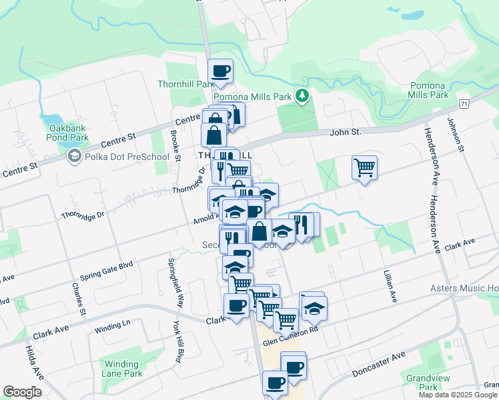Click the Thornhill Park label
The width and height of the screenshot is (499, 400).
(186, 84)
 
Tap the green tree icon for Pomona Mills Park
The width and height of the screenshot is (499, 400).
(303, 97)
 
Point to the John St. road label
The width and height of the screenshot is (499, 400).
(345, 133)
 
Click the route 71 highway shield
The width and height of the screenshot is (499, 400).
(464, 104)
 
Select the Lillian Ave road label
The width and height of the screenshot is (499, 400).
(388, 284)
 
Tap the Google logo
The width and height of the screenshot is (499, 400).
(22, 392)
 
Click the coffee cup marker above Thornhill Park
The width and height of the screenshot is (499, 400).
(220, 71)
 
